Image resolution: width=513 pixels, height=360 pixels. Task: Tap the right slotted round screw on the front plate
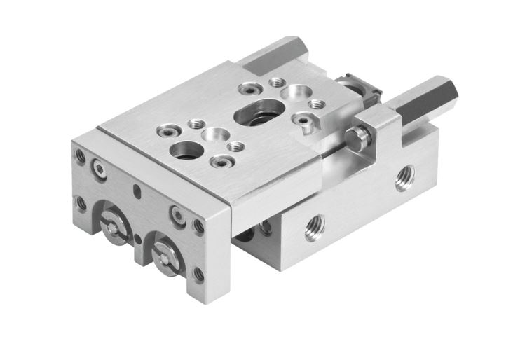click(166, 254)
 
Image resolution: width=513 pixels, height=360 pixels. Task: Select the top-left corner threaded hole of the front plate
click(81, 156)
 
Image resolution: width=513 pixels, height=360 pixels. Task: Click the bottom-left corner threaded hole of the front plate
click(81, 204)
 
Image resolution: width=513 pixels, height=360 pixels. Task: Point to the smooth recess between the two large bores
click(212, 133)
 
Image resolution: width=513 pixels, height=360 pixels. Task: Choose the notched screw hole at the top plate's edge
click(303, 124)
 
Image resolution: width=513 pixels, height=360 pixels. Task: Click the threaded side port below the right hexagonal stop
click(403, 178)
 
